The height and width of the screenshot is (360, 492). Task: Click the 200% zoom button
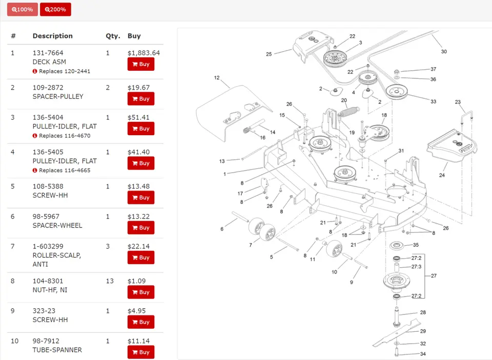pyautogui.click(x=55, y=9)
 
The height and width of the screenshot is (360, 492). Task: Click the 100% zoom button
pyautogui.click(x=22, y=9)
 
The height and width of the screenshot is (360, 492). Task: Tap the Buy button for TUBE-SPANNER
pyautogui.click(x=141, y=352)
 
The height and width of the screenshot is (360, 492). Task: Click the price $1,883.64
pyautogui.click(x=143, y=53)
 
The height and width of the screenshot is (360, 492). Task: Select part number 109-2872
pyautogui.click(x=48, y=88)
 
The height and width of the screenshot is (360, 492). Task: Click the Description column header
pyautogui.click(x=53, y=36)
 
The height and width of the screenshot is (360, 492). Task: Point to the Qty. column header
pyautogui.click(x=113, y=36)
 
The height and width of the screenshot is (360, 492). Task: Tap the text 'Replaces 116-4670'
pyautogui.click(x=65, y=136)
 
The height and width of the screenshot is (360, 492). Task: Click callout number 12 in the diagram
pyautogui.click(x=217, y=78)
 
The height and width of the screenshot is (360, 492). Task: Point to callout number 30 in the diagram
pyautogui.click(x=444, y=51)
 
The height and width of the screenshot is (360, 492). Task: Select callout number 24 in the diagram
pyautogui.click(x=442, y=175)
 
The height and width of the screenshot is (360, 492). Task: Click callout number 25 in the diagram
pyautogui.click(x=269, y=53)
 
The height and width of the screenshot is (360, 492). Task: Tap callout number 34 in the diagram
pyautogui.click(x=423, y=354)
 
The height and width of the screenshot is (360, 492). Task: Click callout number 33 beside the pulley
pyautogui.click(x=433, y=101)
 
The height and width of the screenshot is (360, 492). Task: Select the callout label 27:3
pyautogui.click(x=417, y=267)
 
